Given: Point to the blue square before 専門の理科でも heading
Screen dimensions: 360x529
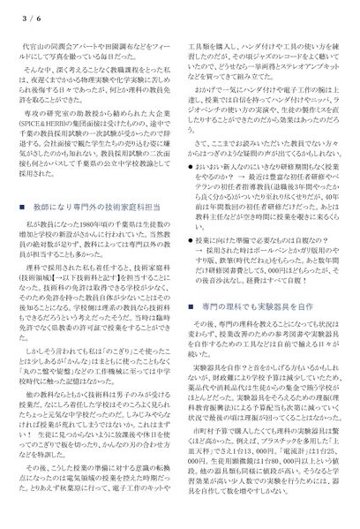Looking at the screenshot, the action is pyautogui.click(x=194, y=305).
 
